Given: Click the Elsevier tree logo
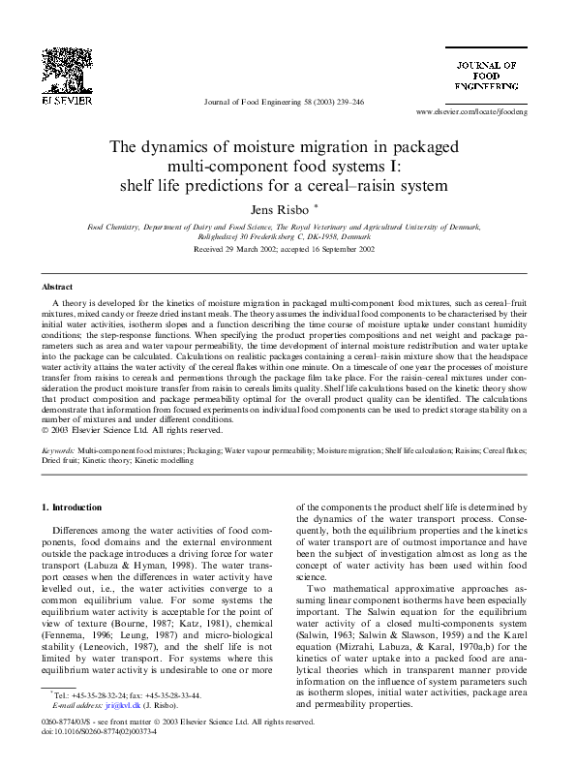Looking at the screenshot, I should click(x=66, y=67).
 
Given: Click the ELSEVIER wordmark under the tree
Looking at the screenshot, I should click(x=66, y=99).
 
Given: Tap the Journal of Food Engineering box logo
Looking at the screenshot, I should click(x=488, y=75).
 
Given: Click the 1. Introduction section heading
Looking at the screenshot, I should click(x=76, y=508).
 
